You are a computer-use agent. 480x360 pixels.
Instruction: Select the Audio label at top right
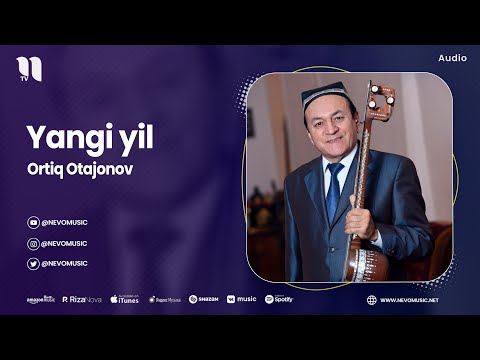tap(452, 58)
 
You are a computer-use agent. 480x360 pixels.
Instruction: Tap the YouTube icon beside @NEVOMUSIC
tap(33, 223)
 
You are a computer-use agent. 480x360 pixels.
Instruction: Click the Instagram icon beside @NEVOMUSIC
tap(33, 243)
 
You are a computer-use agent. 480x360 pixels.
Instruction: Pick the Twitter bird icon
tap(33, 263)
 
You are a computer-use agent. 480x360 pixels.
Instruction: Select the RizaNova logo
tap(82, 299)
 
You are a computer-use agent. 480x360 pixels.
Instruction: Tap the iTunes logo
tap(125, 299)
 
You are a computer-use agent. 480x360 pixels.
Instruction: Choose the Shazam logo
tap(204, 299)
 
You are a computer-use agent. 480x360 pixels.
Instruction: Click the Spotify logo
tap(279, 299)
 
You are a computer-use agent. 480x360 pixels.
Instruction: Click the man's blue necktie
tap(333, 190)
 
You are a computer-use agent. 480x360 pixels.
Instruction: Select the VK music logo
tap(241, 299)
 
